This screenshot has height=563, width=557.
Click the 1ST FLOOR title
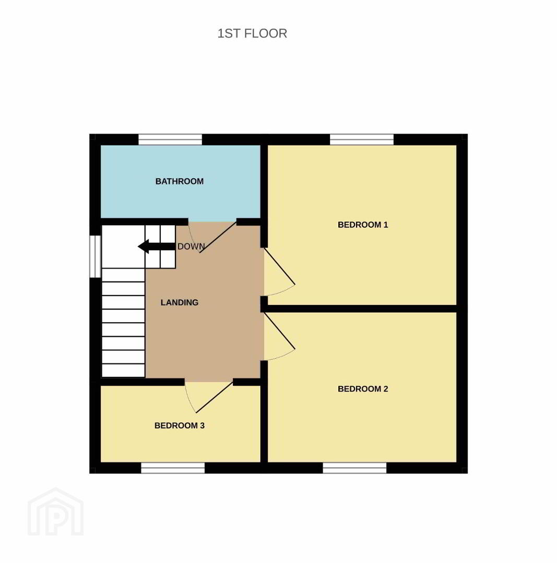point(252,33)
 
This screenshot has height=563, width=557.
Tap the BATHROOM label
point(180,181)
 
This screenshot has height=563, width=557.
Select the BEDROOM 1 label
point(363,225)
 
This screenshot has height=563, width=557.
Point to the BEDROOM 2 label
point(363,389)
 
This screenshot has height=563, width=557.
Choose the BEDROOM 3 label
point(180,425)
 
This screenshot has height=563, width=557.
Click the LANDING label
point(180,303)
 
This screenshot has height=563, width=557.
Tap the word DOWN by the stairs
point(191,247)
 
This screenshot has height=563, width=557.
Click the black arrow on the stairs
point(157,247)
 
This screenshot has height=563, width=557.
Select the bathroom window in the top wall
point(170,139)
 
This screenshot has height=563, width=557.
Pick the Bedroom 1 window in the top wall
point(362,139)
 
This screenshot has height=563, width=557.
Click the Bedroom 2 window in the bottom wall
point(354,468)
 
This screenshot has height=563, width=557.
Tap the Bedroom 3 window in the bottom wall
point(173,468)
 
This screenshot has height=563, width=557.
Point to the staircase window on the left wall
point(96,256)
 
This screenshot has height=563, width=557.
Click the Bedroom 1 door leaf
point(280,266)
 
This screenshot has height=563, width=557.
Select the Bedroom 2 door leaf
point(280,331)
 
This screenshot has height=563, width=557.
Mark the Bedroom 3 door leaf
point(215,397)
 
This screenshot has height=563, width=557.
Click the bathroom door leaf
point(218,237)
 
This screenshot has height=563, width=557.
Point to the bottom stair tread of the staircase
point(123,371)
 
